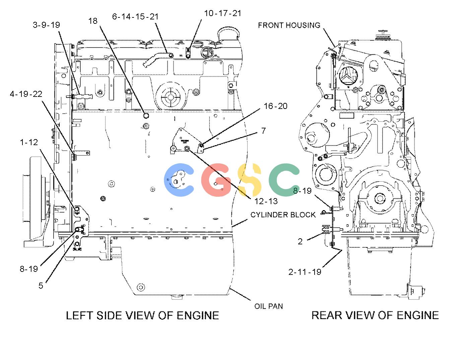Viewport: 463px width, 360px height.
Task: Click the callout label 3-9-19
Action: click(46, 25)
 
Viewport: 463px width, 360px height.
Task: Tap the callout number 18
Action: click(93, 21)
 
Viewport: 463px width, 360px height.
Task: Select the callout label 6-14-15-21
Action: click(135, 16)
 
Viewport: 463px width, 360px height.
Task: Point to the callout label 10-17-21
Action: click(223, 13)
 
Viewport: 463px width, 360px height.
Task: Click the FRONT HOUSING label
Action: click(289, 25)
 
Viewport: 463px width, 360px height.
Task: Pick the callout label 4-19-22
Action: click(26, 94)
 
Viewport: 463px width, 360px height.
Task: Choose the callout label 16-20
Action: click(275, 106)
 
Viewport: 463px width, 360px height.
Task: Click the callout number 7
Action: click(264, 130)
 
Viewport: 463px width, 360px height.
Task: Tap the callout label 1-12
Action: click(29, 142)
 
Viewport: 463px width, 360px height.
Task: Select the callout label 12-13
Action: click(266, 201)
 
